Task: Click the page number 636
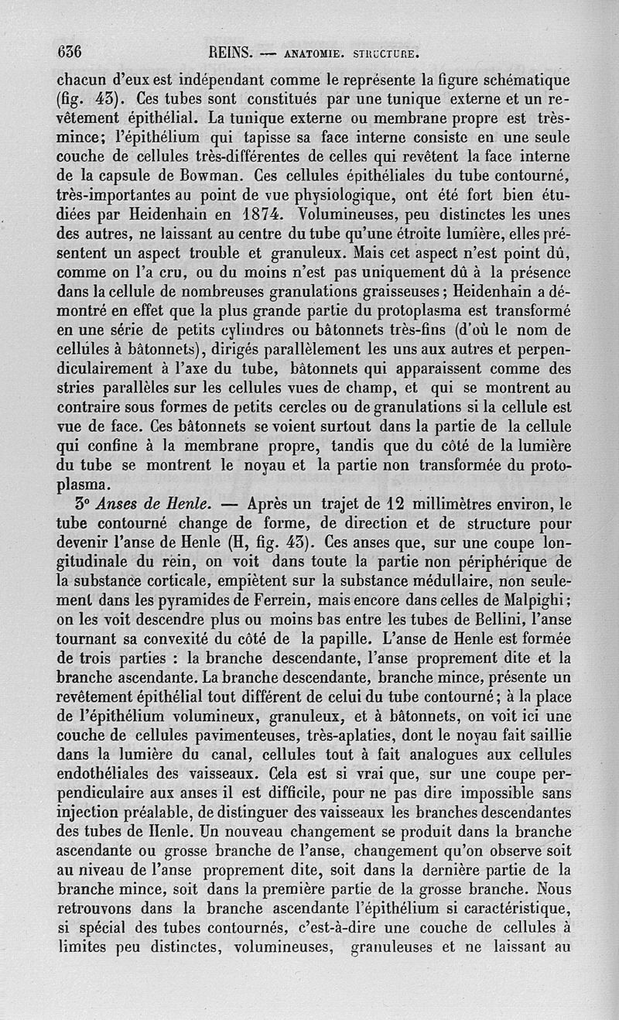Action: coord(70,53)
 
